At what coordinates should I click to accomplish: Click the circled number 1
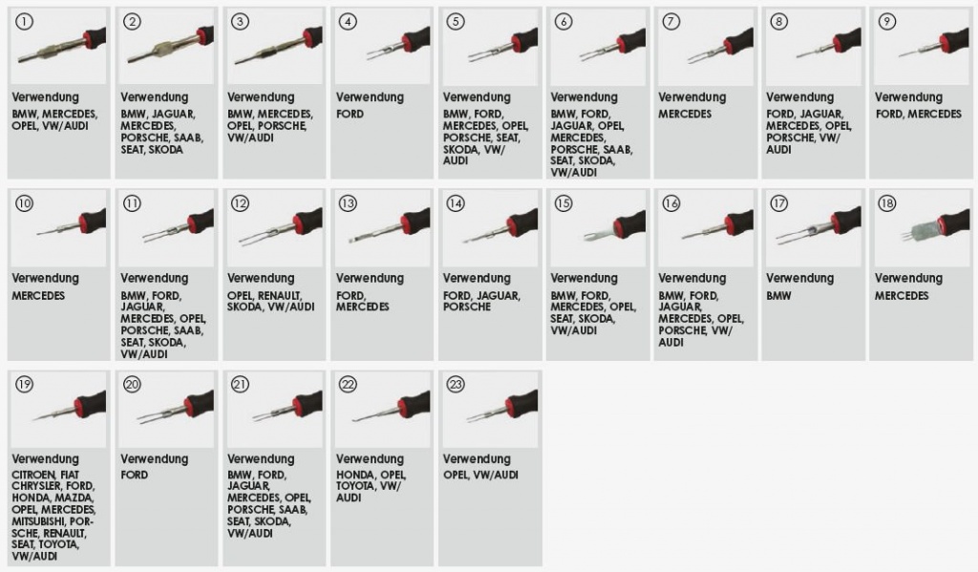(x=24, y=22)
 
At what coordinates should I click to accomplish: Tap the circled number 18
(x=886, y=203)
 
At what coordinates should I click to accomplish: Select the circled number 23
(x=456, y=384)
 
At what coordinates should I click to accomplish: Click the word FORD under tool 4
(x=350, y=115)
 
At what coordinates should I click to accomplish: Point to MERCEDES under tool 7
(x=685, y=115)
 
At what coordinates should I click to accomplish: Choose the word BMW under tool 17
(x=778, y=296)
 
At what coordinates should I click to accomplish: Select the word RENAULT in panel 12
(x=280, y=296)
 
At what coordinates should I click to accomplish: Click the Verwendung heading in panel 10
(x=46, y=278)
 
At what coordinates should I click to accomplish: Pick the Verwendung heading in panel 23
(x=477, y=459)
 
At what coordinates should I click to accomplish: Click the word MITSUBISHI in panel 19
(x=38, y=521)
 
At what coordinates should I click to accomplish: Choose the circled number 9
(x=886, y=22)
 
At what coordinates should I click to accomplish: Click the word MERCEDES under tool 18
(x=902, y=296)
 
